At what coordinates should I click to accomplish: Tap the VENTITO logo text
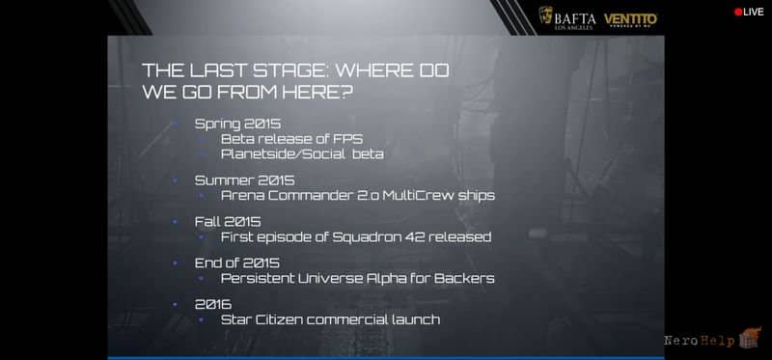631,18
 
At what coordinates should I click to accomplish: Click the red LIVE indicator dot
738,12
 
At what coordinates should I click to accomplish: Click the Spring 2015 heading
238,125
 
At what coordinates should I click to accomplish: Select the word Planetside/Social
283,154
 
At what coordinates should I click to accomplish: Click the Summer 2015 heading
245,180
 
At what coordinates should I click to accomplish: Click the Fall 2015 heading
228,222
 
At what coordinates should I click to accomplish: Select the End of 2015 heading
237,263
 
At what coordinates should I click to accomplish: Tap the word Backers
464,278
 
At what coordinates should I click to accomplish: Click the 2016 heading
213,304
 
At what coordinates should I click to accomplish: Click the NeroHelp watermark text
699,341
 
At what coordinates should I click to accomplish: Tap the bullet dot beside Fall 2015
175,222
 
